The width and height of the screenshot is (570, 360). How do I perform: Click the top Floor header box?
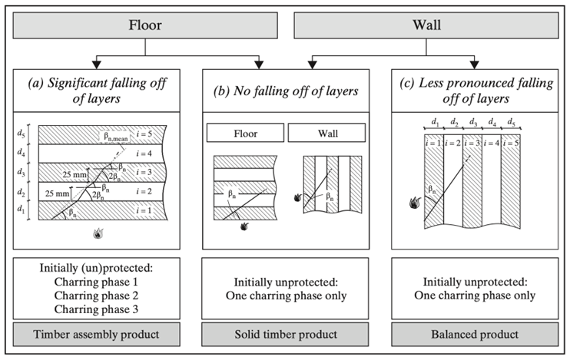point(145,25)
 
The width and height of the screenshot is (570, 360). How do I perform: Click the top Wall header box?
point(426,25)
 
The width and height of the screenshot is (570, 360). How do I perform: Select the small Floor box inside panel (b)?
point(245,133)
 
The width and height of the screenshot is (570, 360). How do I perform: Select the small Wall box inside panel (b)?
point(326,133)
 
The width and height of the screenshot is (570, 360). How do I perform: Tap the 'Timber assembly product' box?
point(96,334)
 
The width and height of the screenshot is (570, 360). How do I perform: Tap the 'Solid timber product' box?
point(285,334)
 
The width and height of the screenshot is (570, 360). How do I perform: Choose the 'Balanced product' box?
point(475,334)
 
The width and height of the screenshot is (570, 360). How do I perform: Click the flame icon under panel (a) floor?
point(98,233)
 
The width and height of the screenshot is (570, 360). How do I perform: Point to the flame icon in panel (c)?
point(415,203)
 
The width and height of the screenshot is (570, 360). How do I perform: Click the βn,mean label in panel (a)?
point(115,137)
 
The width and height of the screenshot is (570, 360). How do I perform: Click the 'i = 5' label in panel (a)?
point(144,134)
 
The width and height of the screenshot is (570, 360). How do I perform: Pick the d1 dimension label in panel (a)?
point(21,210)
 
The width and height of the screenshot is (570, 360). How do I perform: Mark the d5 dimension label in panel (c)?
point(511,121)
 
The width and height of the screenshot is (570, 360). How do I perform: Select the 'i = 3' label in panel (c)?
point(472,144)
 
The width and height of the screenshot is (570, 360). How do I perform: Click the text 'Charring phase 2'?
point(96,296)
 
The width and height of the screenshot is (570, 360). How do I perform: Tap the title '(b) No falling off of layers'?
point(286,91)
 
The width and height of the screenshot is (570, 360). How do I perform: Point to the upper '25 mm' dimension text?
point(75,175)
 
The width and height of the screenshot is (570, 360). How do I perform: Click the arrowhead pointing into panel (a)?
point(96,64)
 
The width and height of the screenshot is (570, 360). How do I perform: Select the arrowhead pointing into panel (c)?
point(475,64)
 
